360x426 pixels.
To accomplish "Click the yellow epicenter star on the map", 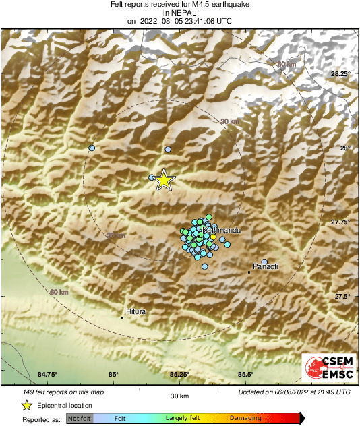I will [164, 180].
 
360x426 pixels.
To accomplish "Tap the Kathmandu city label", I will [221, 231].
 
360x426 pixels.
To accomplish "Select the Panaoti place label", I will [265, 267].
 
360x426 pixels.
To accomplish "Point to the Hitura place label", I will [136, 312].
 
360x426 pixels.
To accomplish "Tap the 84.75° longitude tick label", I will [48, 375].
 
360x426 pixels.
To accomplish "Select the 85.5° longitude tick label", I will [245, 375].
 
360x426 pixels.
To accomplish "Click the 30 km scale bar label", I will [179, 396].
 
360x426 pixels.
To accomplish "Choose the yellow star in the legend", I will [26, 405].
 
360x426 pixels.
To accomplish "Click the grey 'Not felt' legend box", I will [79, 419].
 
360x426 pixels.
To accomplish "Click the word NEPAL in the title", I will [179, 12].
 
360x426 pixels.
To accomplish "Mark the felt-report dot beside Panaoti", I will [265, 262].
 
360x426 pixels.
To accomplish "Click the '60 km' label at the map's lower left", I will [59, 293].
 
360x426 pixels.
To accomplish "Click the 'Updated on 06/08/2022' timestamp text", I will [294, 391].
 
